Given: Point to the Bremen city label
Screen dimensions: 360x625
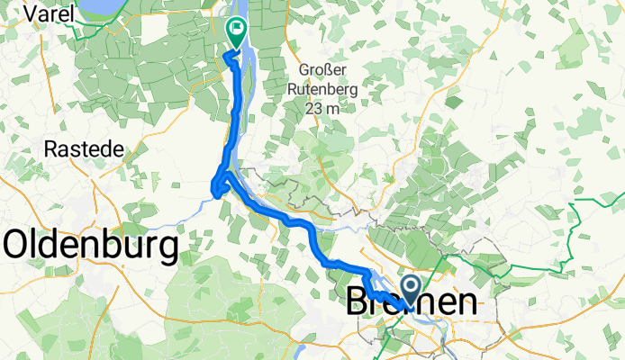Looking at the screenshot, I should [x=412, y=303].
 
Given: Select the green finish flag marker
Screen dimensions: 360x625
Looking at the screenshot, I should [x=237, y=31].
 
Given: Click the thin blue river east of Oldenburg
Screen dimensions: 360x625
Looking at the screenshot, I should [x=171, y=213].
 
